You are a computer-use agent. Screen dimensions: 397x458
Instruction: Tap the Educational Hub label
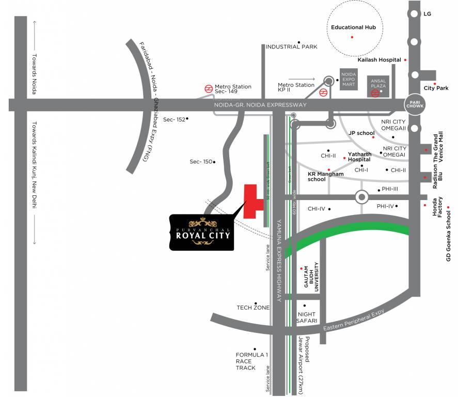tap(353, 27)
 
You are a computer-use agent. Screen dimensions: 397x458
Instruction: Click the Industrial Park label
tap(291, 47)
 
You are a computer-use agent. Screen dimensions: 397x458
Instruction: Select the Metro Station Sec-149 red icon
tap(208, 88)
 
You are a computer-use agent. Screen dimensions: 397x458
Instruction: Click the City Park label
tap(436, 88)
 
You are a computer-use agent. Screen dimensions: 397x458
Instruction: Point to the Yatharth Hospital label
tap(359, 157)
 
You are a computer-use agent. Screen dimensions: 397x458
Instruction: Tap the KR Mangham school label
tap(325, 177)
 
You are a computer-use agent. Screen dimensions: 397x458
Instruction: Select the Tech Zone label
tap(253, 308)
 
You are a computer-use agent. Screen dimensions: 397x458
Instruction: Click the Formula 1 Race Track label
tap(246, 361)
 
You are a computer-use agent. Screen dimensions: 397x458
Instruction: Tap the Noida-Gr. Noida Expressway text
tap(260, 105)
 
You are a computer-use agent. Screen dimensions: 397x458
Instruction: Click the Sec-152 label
tap(174, 119)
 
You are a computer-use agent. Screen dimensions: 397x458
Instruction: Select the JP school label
tap(361, 133)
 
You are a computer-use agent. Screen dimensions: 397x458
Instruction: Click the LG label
tap(427, 14)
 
